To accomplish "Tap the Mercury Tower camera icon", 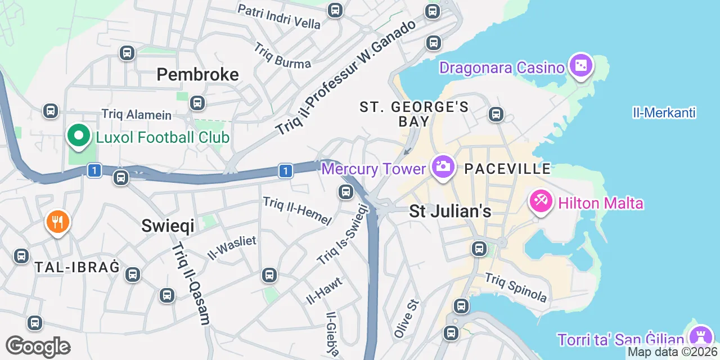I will coord(443,166).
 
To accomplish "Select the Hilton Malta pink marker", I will coord(541,201).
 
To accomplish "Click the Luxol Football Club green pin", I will coord(79,136).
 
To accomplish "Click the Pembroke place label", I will coord(197,74).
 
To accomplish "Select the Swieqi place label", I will coord(168,226).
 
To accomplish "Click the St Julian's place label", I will coord(450,211).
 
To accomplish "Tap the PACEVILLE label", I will coord(507,168).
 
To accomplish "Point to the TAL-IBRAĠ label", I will coord(77,267).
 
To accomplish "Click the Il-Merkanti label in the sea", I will coord(664,113).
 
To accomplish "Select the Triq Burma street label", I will coord(282,55).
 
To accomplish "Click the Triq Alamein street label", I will coord(137,114).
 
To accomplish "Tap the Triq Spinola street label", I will coord(516,287).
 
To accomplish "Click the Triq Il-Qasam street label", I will coord(191,284).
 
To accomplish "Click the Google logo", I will coord(38,346).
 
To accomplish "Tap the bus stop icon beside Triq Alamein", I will coord(197,103).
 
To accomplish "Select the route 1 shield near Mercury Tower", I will coord(286,170).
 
